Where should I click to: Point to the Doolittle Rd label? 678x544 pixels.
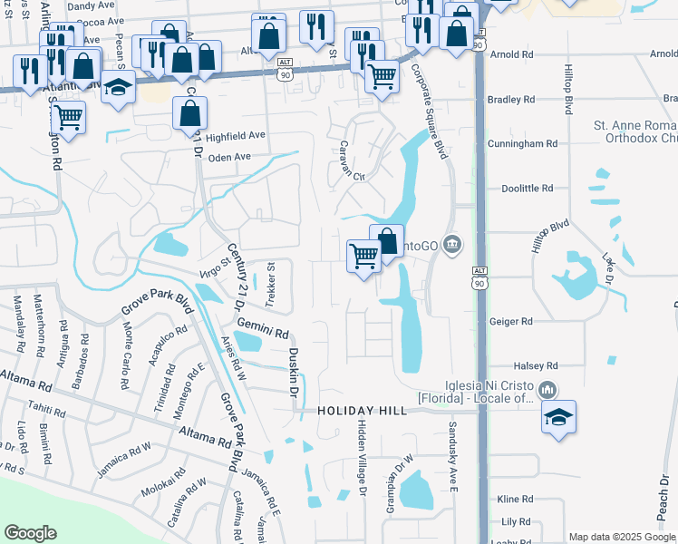click(x=528, y=189)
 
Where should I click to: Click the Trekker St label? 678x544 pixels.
click(x=269, y=286)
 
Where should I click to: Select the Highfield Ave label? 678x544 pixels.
click(x=235, y=136)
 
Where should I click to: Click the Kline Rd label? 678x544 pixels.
click(x=514, y=500)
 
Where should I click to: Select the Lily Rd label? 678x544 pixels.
click(x=515, y=522)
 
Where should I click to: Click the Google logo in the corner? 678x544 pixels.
click(x=30, y=533)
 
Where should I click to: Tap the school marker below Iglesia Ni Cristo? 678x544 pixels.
click(x=559, y=418)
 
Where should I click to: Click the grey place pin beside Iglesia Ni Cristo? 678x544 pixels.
click(x=547, y=390)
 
